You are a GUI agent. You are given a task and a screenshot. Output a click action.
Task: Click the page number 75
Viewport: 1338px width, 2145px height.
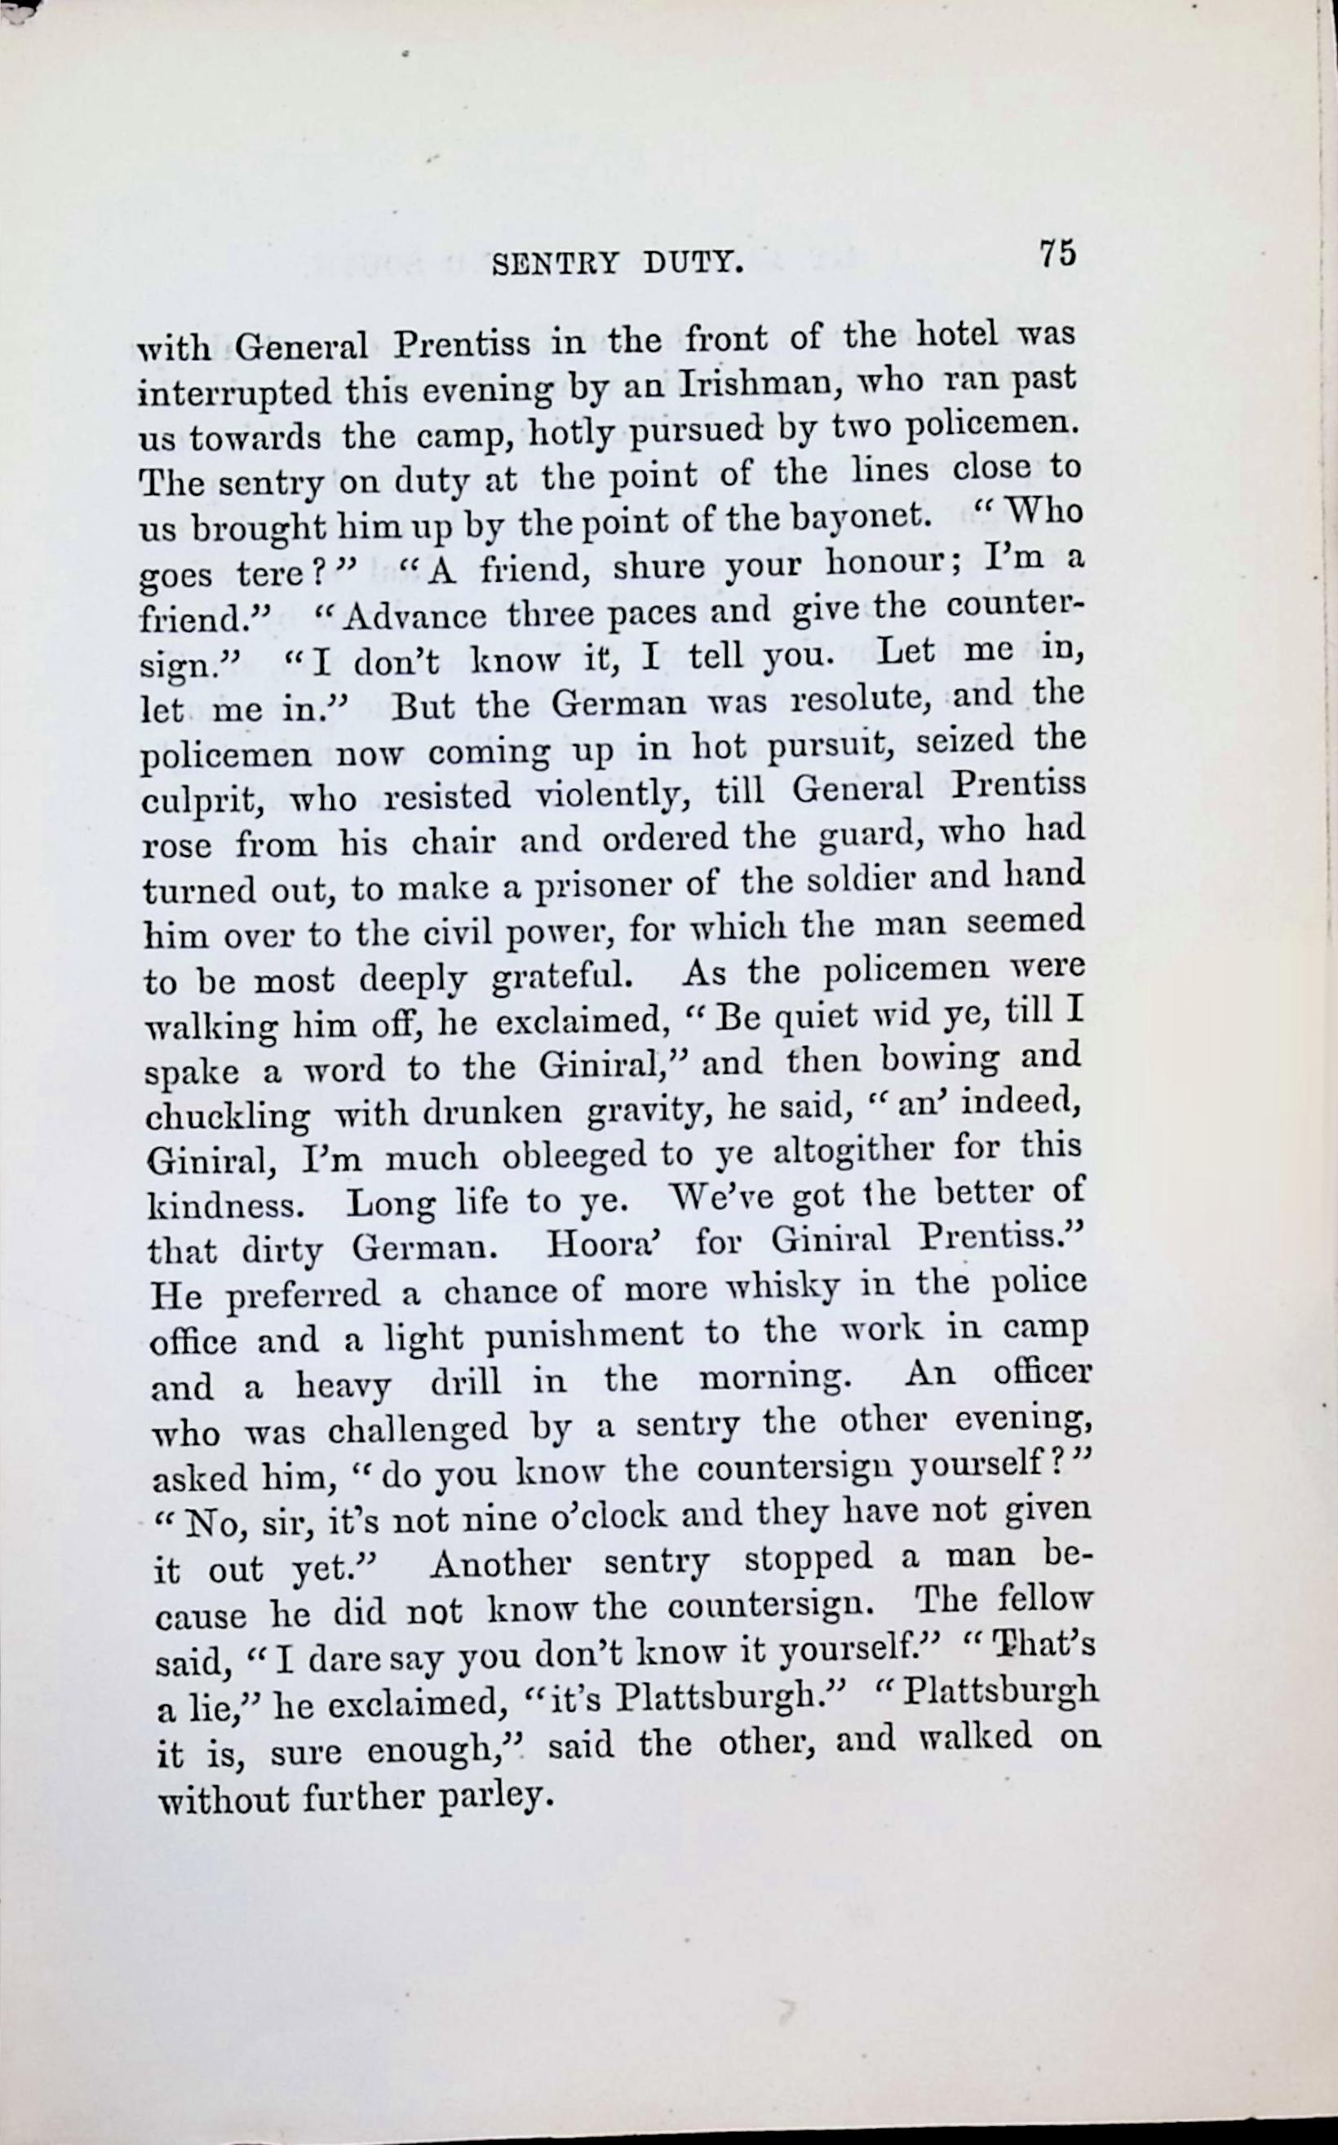tap(1057, 253)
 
